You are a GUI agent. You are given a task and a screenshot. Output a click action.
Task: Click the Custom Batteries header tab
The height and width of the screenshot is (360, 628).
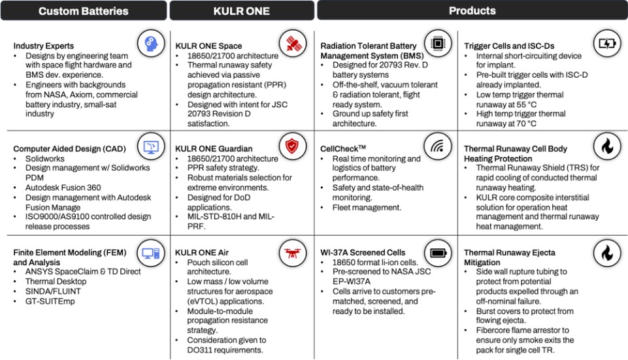coord(83,11)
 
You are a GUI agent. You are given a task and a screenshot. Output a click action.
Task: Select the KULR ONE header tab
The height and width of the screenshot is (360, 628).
coord(242,11)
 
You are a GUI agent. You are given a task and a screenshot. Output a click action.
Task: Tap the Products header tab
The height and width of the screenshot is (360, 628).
coord(472,11)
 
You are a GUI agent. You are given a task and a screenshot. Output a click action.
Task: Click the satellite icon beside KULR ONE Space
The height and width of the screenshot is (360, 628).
coord(293,44)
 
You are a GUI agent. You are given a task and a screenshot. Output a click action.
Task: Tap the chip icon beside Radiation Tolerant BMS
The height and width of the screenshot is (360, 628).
coord(437,44)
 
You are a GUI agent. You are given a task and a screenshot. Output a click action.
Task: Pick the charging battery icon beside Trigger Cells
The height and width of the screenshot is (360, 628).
coord(606,44)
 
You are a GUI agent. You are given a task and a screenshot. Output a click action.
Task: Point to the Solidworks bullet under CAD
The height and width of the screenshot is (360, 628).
coord(41,159)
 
